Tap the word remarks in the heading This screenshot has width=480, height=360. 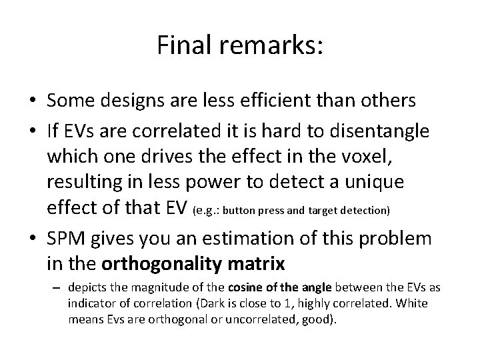(268, 45)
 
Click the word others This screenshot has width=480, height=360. (391, 101)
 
